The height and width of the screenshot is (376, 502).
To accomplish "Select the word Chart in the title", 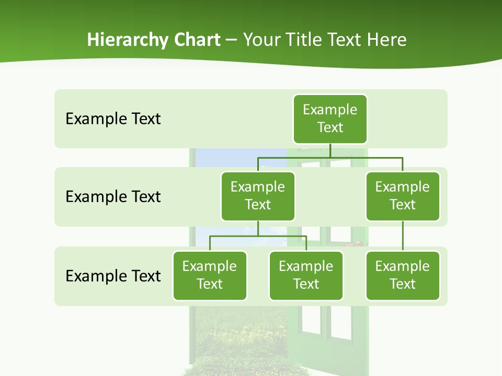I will tap(197, 40).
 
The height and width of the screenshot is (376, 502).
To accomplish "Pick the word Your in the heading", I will tap(262, 40).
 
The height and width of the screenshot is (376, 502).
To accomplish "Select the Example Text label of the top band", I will tap(113, 119).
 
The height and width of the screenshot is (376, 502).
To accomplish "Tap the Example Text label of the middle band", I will tap(113, 197).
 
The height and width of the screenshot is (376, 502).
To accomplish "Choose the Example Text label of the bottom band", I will tap(113, 276).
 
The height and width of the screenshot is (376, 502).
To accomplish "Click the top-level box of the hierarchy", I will tap(330, 119).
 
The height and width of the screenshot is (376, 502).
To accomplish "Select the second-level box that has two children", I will tap(258, 196).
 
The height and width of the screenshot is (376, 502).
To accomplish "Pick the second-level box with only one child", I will tap(403, 196).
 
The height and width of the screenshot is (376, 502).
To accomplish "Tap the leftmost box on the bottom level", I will tap(210, 276).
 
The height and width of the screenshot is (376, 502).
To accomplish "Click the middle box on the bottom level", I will tap(306, 276).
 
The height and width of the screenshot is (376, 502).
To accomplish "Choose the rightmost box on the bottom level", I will tap(403, 276).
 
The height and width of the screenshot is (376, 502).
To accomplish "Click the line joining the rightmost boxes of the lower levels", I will tap(403, 236).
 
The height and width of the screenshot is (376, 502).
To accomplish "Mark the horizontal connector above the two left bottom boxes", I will tap(258, 236).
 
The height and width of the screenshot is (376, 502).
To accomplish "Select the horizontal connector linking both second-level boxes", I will tap(330, 157).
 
